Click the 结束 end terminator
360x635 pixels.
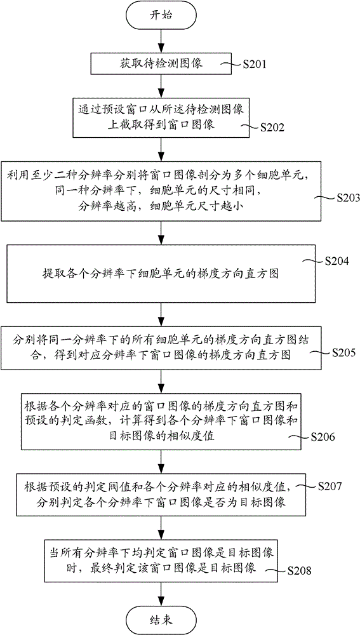(x=161, y=618)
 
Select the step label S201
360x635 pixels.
(x=255, y=65)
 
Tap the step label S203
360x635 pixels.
(x=347, y=197)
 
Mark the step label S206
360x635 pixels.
(x=323, y=437)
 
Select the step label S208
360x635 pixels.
(x=299, y=571)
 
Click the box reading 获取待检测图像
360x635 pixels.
(x=161, y=64)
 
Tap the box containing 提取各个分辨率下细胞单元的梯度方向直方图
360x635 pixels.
(x=161, y=274)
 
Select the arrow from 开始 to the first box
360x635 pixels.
(x=161, y=40)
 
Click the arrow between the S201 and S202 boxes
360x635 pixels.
(x=161, y=86)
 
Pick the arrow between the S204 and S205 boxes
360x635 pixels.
(x=161, y=315)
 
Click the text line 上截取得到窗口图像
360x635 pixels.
(x=161, y=124)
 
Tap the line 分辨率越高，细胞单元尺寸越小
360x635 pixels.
(x=161, y=208)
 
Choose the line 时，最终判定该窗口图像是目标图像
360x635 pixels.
(x=161, y=567)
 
